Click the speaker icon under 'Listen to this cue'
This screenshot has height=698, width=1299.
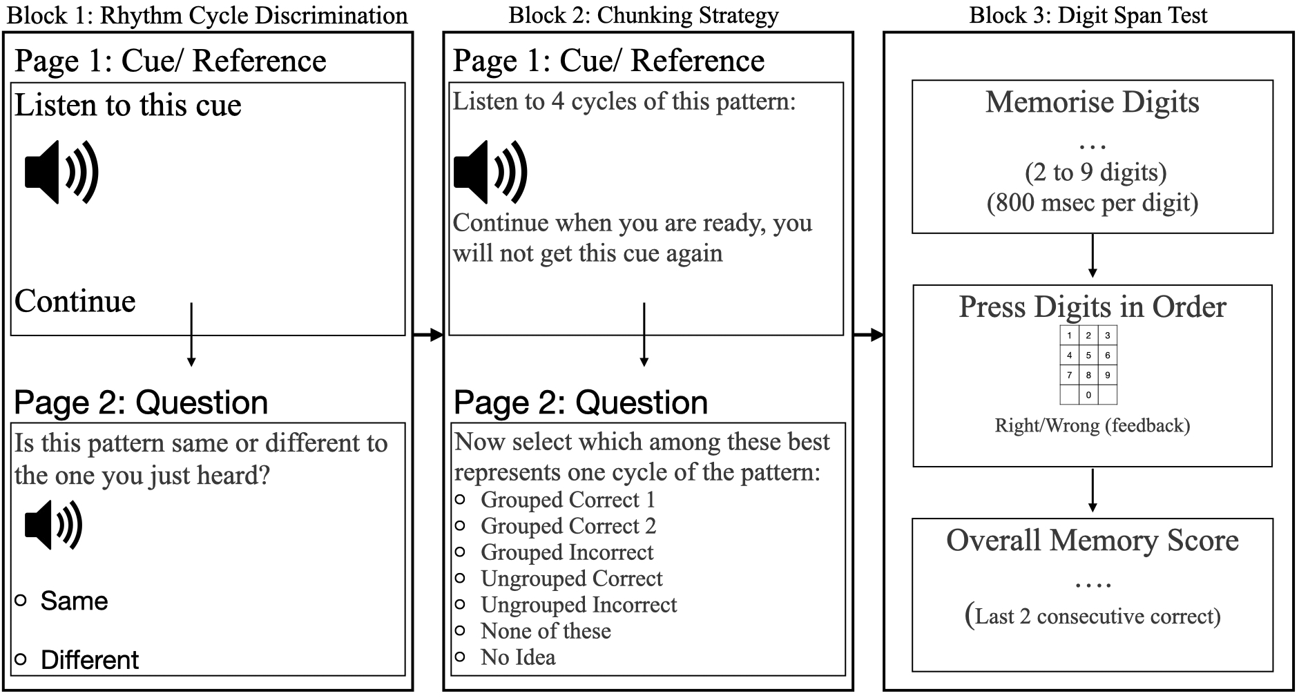coord(61,172)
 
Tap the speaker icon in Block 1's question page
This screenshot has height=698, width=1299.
coord(54,525)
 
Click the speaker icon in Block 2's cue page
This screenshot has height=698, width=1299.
coord(490,172)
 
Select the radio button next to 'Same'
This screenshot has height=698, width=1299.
coord(21,601)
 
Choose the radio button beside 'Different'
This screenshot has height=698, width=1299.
coord(21,659)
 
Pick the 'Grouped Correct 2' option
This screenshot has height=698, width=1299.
coord(568,526)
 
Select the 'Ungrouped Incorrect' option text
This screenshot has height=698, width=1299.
coord(579,605)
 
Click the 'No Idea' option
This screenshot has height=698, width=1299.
coord(518,657)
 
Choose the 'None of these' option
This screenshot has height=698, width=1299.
coord(546,631)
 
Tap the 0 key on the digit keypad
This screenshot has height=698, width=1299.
coord(1088,395)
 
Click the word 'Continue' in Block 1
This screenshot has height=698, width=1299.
coord(75,301)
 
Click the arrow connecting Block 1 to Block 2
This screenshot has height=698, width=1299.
coord(427,336)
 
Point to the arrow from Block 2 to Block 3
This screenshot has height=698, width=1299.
coord(869,336)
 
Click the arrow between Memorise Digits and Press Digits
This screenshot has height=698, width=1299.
coord(1092,255)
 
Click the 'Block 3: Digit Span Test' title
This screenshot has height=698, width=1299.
coord(1088,15)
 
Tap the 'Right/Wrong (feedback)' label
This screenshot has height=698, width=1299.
coord(1092,425)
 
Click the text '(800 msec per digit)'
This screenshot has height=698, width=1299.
coord(1092,203)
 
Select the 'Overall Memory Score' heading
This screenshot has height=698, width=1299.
coord(1092,540)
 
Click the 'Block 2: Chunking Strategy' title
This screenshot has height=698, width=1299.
coord(644,15)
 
